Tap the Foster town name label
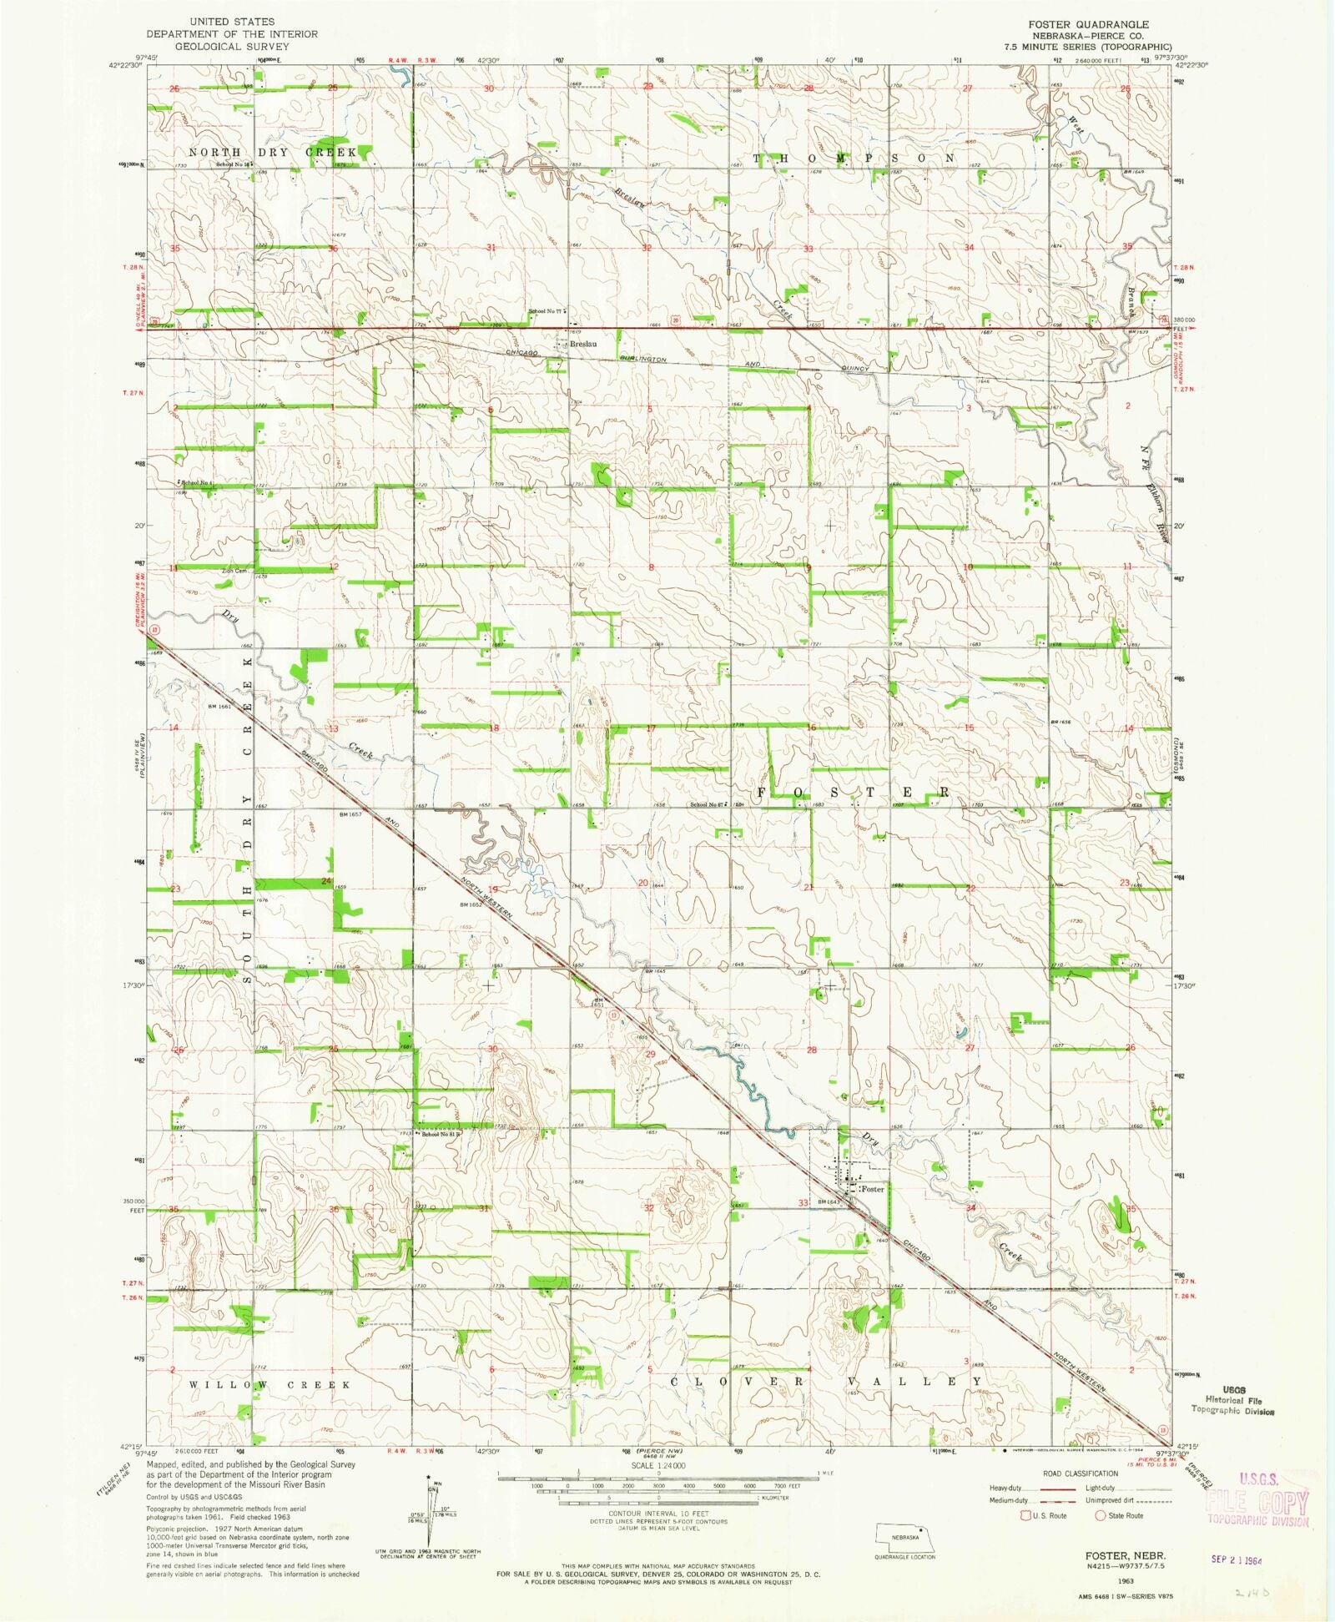point(873,1188)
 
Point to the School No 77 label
point(546,311)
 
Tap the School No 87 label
point(705,804)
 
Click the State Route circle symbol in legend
point(1100,1515)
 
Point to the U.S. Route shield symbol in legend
point(1024,1515)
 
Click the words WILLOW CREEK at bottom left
point(270,1385)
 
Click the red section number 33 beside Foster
point(803,1203)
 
